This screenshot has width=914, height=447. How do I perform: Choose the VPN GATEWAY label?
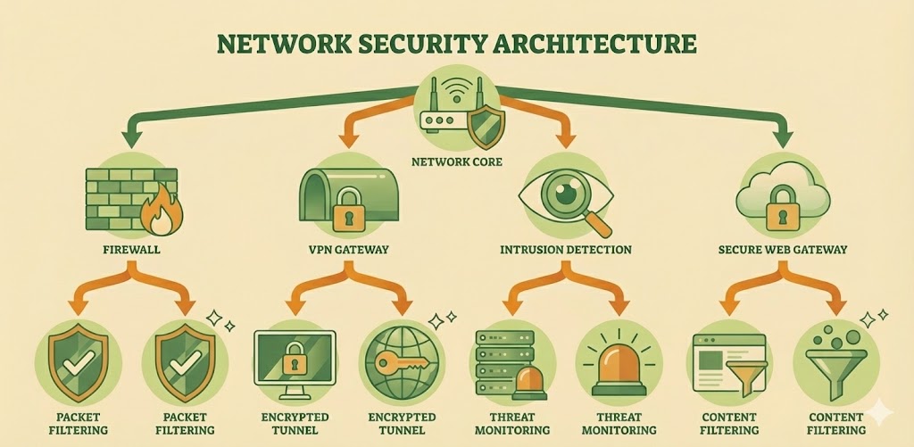(x=342, y=251)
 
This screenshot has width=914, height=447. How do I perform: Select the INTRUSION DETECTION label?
(x=566, y=251)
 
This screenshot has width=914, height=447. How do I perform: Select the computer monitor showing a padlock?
(x=294, y=358)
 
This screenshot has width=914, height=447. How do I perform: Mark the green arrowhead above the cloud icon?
(x=785, y=139)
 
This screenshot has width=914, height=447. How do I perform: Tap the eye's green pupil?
(x=563, y=191)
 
